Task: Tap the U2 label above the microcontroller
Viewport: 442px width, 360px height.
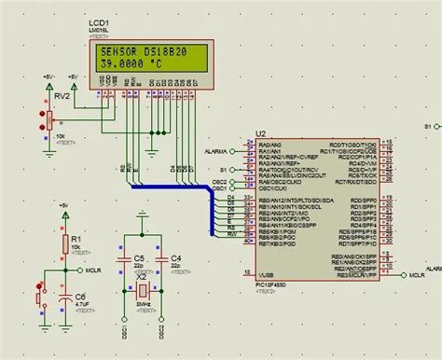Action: pos(260,133)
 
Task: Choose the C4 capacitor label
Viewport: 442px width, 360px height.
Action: pos(175,256)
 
